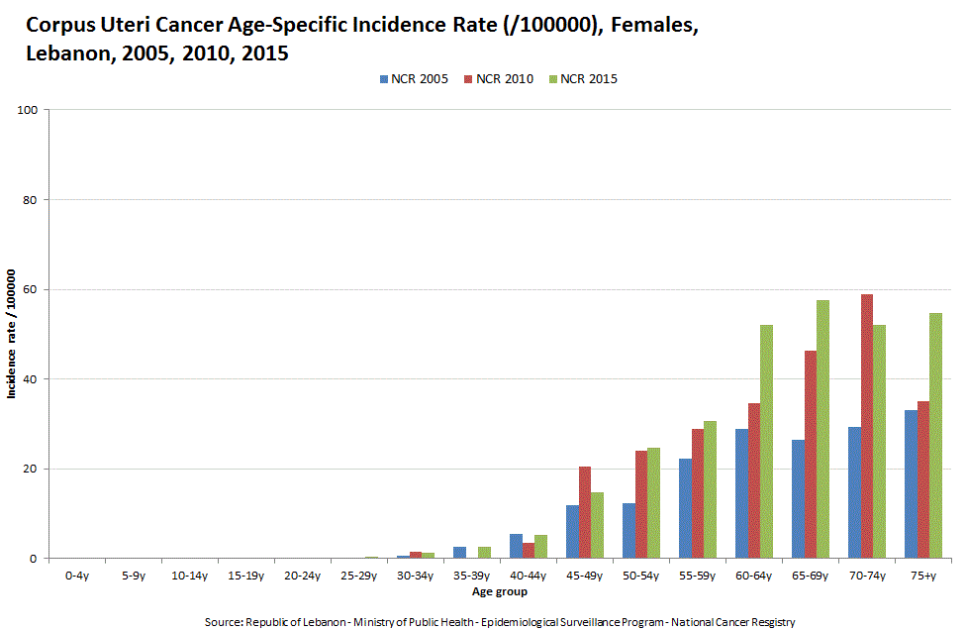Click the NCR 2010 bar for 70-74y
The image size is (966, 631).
tap(867, 426)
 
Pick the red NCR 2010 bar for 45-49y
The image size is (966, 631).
tap(585, 512)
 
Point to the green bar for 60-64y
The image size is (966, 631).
tap(767, 442)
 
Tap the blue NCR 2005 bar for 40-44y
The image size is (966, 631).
tap(516, 546)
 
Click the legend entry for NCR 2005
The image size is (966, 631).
tap(412, 79)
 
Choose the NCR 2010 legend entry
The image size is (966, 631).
tap(497, 79)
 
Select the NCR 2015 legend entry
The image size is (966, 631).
tap(582, 79)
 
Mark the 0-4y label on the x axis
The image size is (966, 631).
tap(76, 575)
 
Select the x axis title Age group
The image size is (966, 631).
tap(499, 592)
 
